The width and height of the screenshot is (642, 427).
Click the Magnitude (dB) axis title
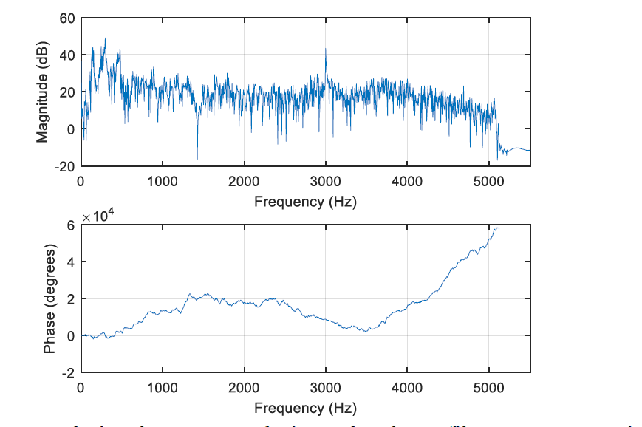click(42, 92)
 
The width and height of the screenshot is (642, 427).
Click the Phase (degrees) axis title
click(49, 299)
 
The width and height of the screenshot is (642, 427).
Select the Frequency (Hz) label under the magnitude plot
click(305, 202)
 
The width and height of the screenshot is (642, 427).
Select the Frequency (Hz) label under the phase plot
click(305, 408)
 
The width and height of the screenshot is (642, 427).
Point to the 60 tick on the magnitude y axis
click(67, 18)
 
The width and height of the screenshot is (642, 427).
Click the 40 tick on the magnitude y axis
click(67, 55)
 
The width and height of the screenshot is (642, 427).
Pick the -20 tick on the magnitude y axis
click(65, 166)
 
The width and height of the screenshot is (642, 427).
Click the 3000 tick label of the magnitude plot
click(325, 181)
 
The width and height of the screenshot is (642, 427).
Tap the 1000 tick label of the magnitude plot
click(162, 181)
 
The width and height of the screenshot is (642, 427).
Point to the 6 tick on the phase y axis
click(72, 225)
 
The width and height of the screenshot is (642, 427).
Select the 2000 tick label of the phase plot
click(244, 387)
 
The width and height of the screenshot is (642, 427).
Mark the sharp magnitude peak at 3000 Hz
click(326, 49)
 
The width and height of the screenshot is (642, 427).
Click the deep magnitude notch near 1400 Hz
click(197, 157)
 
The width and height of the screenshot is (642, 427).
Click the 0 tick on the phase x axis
click(81, 387)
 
